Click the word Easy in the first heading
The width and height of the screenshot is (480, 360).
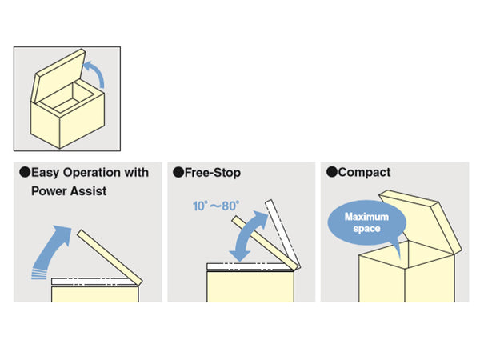click(x=45, y=172)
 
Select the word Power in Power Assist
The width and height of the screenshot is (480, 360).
click(x=49, y=191)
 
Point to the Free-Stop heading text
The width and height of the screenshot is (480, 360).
click(x=212, y=172)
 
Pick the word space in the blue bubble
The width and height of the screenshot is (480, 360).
click(x=365, y=230)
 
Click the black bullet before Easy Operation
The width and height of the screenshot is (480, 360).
click(x=24, y=172)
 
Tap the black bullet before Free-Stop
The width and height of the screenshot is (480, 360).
click(x=178, y=172)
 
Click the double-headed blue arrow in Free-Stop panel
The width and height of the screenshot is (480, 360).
click(x=248, y=235)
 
